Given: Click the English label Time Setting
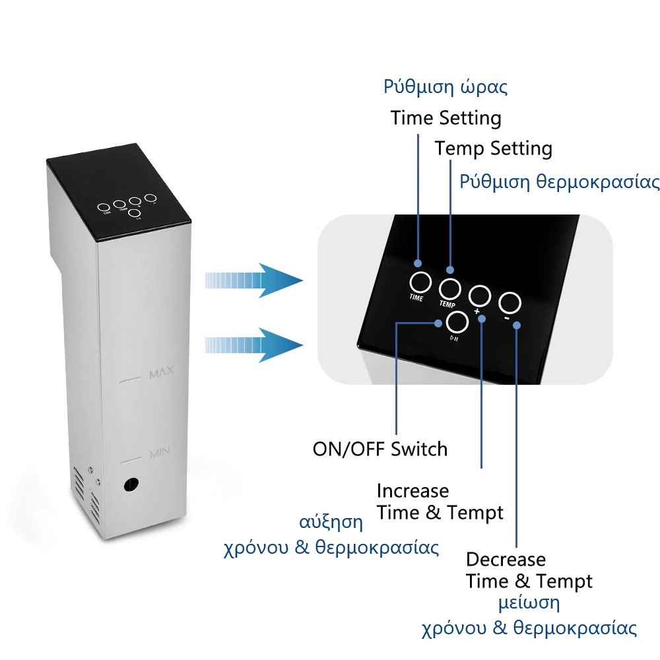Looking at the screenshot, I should [445, 119].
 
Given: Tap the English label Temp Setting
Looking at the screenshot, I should [493, 148].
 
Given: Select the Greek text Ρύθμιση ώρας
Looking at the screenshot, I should [445, 88].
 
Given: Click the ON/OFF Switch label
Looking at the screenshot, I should [379, 449].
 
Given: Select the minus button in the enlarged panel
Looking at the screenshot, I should [510, 303].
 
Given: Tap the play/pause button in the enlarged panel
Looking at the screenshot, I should [457, 322].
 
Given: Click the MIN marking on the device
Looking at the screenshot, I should [160, 453].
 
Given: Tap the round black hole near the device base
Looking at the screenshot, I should [131, 486].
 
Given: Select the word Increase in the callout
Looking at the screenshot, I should [412, 491].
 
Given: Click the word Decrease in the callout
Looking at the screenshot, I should [506, 560].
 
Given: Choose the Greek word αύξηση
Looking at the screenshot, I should [331, 522].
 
